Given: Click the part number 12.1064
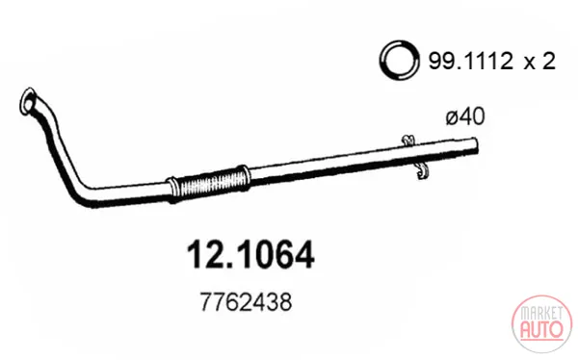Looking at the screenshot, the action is pyautogui.click(x=250, y=254).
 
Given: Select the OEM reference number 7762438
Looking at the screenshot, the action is pyautogui.click(x=246, y=302).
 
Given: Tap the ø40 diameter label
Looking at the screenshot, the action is pyautogui.click(x=465, y=116).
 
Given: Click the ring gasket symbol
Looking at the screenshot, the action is pyautogui.click(x=399, y=60).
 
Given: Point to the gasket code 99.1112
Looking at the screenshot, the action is pyautogui.click(x=470, y=61).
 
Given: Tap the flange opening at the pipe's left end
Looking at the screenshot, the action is pyautogui.click(x=27, y=100).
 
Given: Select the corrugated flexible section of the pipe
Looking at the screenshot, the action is pyautogui.click(x=210, y=183).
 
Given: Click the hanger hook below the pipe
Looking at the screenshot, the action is pyautogui.click(x=422, y=170).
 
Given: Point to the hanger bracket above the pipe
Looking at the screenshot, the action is pyautogui.click(x=407, y=140).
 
